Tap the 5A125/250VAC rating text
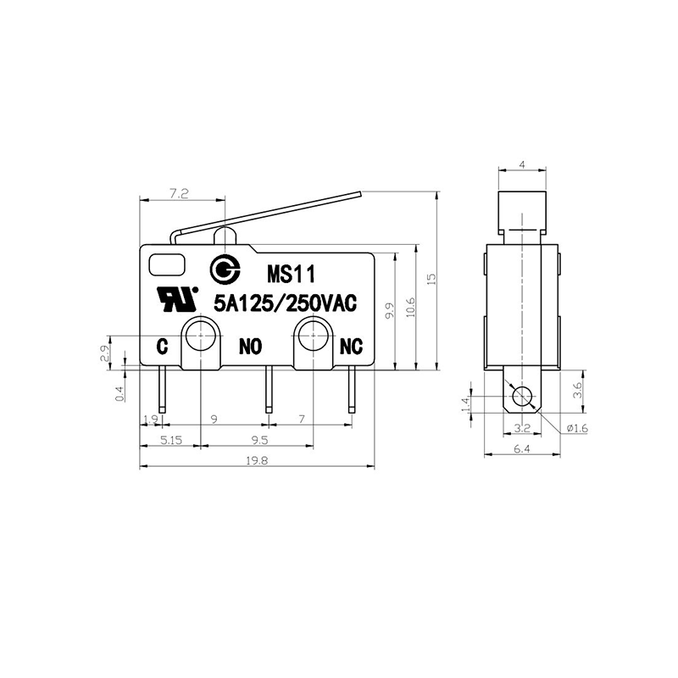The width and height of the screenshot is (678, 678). pyautogui.click(x=286, y=303)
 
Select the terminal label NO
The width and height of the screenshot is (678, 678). pyautogui.click(x=251, y=347)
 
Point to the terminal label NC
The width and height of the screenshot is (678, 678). pyautogui.click(x=351, y=347)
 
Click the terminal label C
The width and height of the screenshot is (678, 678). pyautogui.click(x=162, y=347)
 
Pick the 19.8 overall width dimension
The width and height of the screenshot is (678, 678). pyautogui.click(x=258, y=461)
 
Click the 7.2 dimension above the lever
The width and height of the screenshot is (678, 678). pyautogui.click(x=179, y=194)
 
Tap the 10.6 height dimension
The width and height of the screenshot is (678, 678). pyautogui.click(x=410, y=307)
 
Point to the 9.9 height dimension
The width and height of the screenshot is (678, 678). pyautogui.click(x=390, y=311)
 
